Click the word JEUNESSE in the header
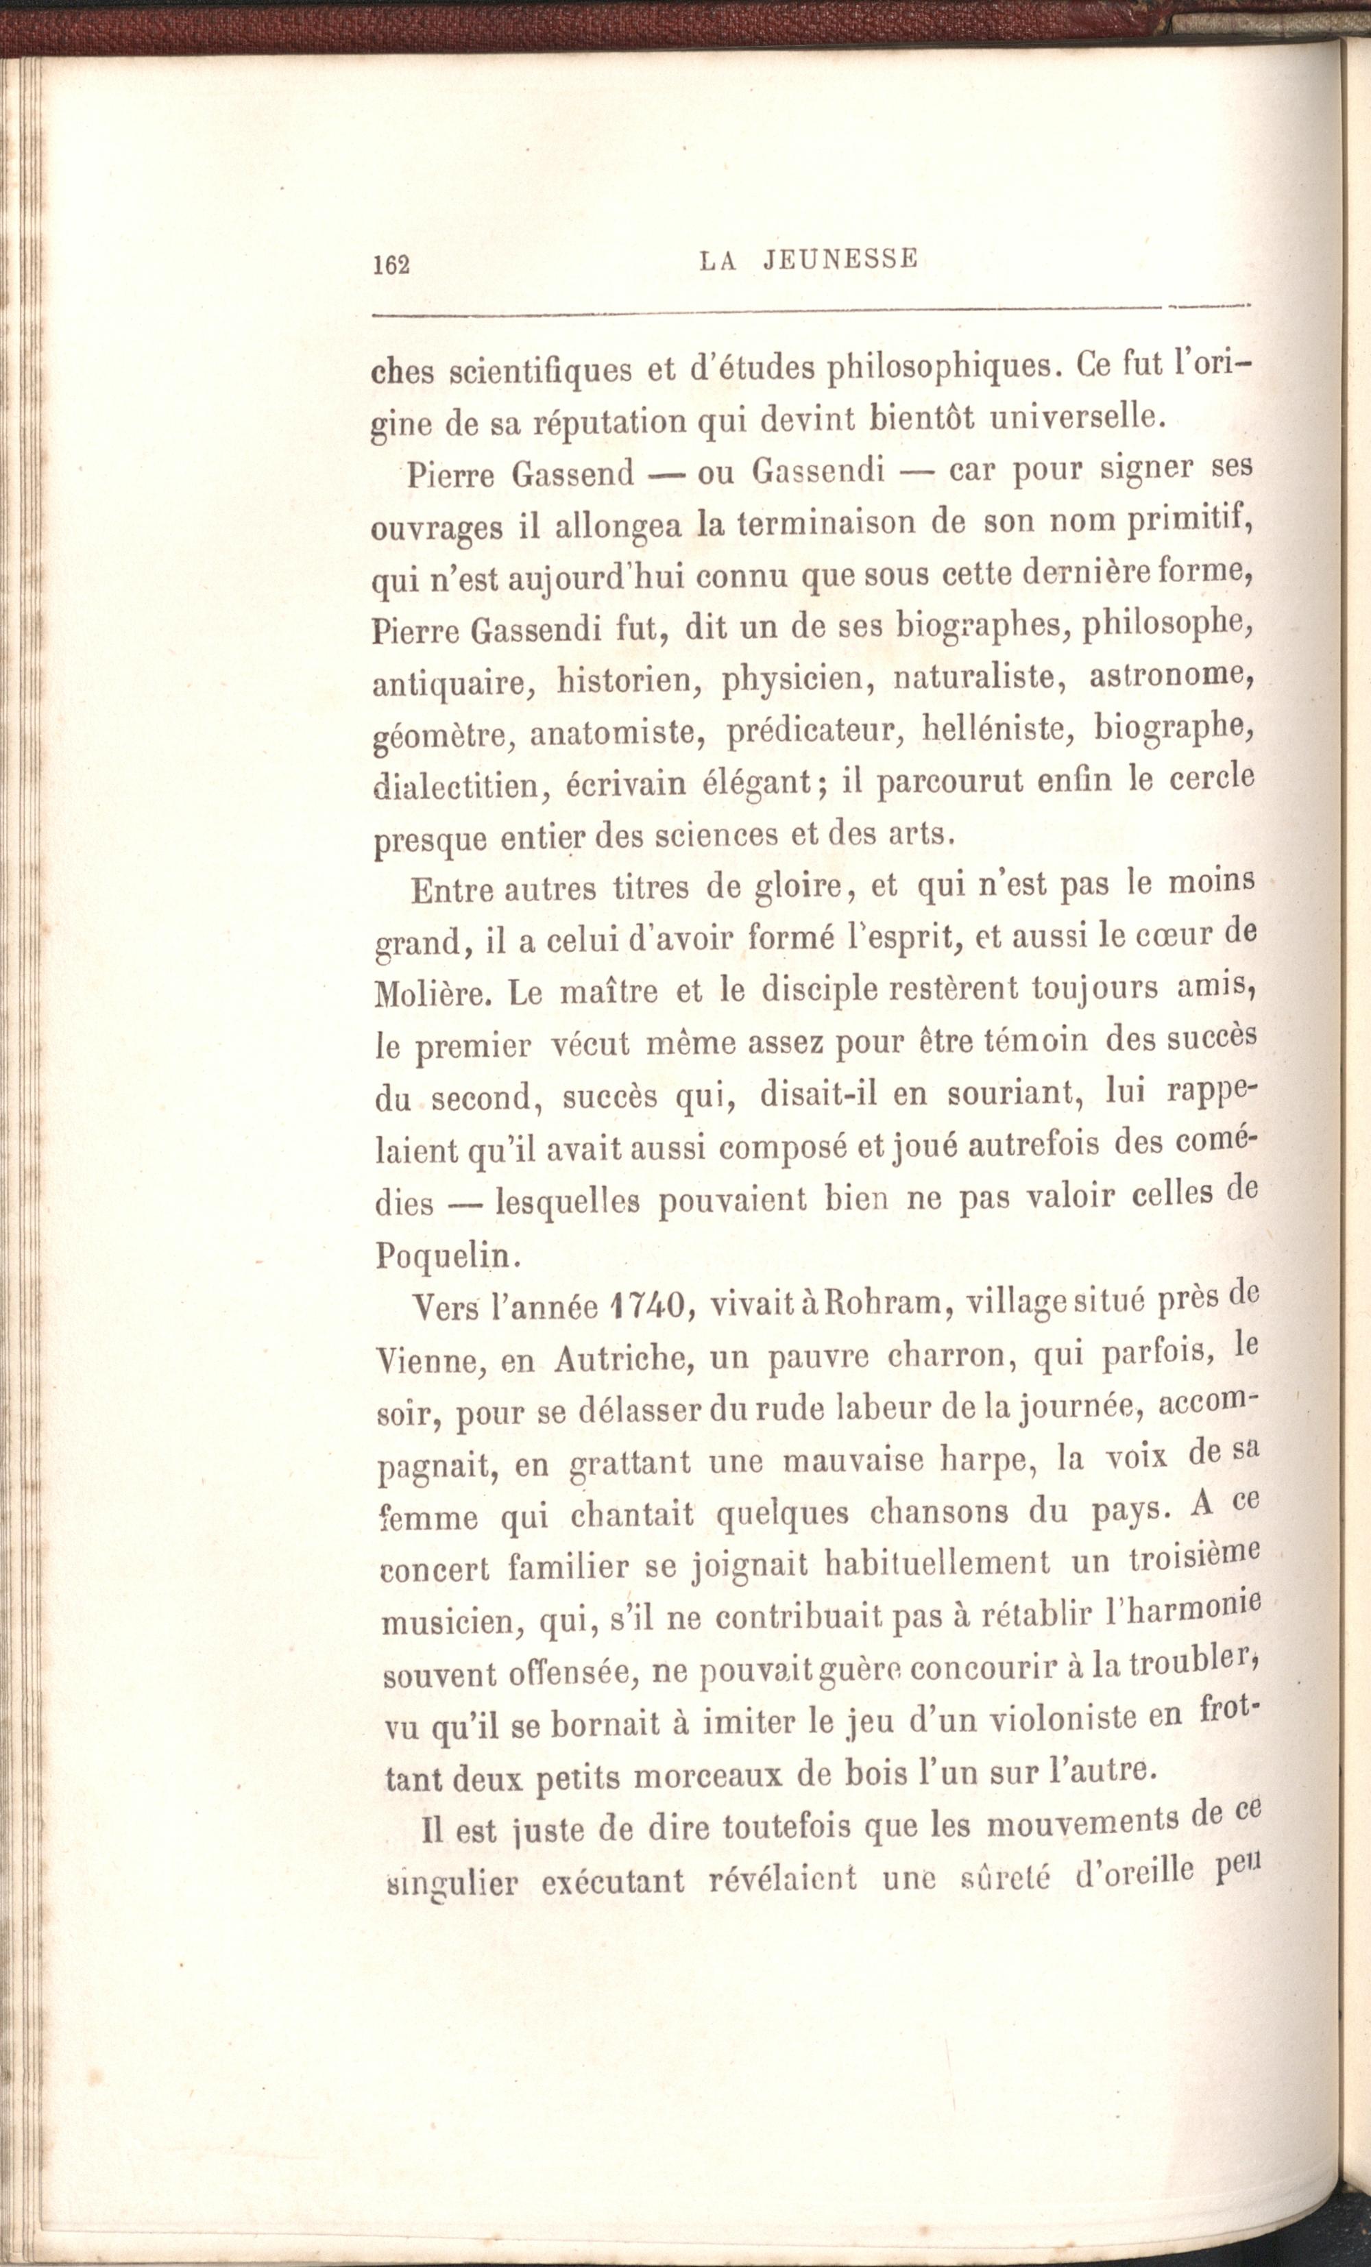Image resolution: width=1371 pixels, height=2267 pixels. pos(841,260)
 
